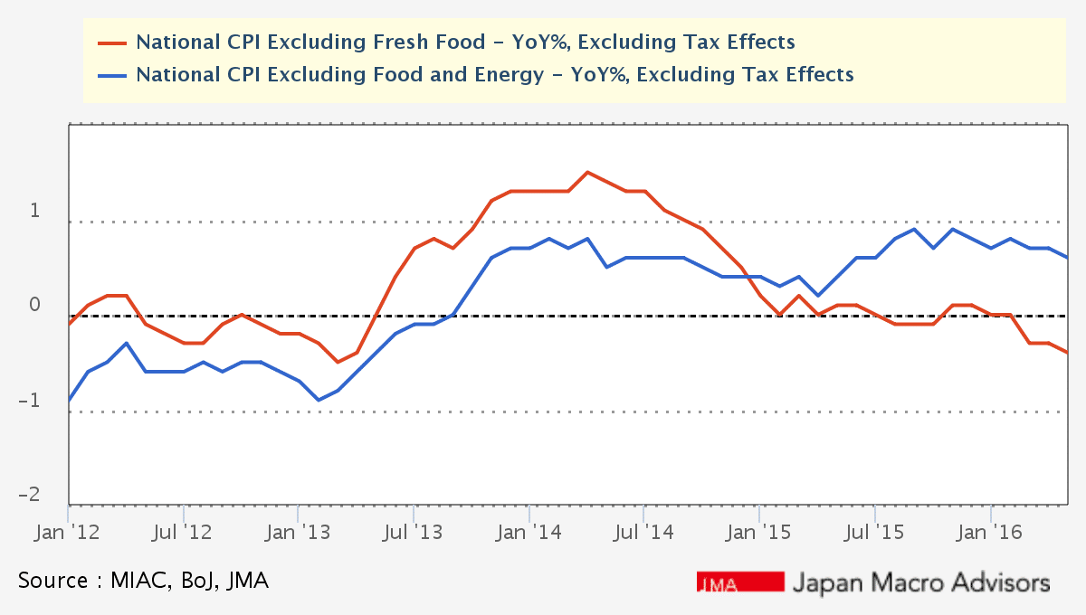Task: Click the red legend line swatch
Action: [112, 42]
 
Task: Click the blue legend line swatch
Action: [112, 74]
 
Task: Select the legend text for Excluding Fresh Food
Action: [465, 42]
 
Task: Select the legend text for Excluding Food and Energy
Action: [494, 74]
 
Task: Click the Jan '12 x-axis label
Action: [68, 533]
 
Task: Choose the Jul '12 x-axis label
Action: [184, 533]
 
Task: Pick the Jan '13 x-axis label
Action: [299, 533]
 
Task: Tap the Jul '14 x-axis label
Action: [644, 533]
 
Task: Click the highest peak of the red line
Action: [587, 172]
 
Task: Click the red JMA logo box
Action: [739, 582]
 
